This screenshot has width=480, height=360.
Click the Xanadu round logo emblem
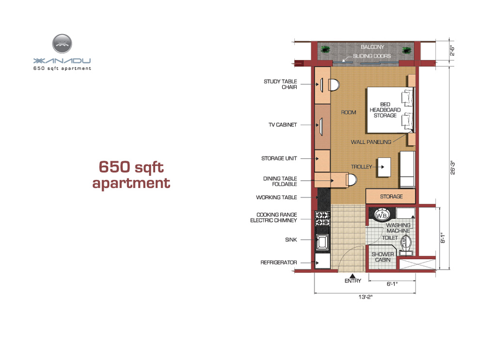pos(62,44)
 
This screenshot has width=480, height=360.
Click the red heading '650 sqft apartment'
pos(131,175)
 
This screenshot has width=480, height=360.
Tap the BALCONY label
pos(372,47)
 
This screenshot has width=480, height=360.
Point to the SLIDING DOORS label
pos(371,56)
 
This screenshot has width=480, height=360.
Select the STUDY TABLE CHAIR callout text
pos(280,84)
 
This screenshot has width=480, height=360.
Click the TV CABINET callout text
pos(283,125)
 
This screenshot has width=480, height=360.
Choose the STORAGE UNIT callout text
pos(279,158)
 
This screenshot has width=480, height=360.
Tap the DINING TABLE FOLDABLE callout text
pos(280,181)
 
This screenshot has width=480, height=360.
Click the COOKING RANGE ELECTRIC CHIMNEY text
pos(273,218)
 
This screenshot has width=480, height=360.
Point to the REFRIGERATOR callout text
pos(279,263)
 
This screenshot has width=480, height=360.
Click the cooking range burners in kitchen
pos(322,219)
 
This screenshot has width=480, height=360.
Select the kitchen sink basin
pos(322,243)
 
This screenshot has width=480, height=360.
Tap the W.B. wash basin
pos(382,215)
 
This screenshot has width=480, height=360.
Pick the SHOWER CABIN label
pos(383,257)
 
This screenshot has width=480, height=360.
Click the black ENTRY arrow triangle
pos(352,276)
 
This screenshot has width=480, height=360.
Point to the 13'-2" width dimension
pos(365,297)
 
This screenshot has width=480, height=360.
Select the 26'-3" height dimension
pos(453,168)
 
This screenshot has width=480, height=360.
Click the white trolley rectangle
pos(384,167)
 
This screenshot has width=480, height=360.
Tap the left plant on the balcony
pos(325,49)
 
